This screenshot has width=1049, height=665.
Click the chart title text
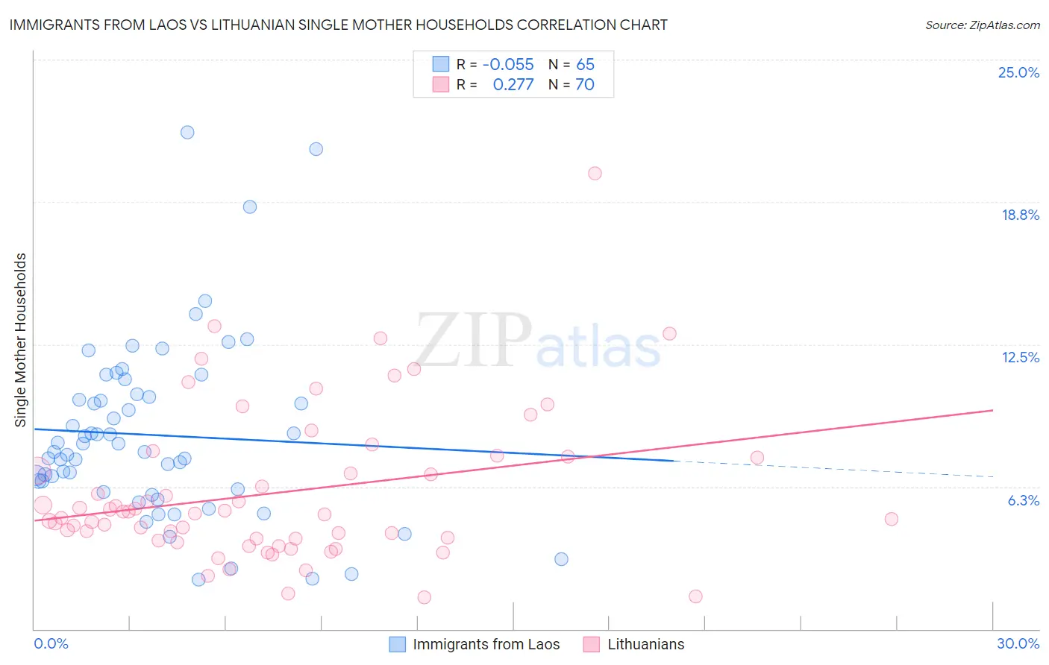339,25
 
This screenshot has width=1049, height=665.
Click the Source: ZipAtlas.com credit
982,25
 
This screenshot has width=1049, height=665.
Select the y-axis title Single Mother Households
21,340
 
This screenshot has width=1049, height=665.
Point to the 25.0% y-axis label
1018,72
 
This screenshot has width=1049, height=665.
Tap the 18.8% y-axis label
1020,215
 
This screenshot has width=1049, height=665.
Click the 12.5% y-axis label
1020,357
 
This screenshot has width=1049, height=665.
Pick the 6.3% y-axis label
1023,500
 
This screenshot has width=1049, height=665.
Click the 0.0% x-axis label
51,643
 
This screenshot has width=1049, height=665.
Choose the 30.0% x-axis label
1018,643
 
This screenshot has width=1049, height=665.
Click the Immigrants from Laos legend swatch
398,644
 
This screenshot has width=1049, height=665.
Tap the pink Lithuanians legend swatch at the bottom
592,644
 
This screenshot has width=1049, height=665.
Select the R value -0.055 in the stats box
508,65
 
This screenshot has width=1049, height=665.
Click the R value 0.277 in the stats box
513,85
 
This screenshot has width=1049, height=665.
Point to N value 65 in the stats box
585,65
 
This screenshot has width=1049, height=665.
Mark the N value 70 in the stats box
585,85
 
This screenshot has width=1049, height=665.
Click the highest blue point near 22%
187,132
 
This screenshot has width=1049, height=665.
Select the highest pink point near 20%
595,173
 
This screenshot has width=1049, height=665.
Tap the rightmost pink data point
891,519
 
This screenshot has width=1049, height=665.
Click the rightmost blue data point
561,559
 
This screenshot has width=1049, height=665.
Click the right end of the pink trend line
992,410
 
